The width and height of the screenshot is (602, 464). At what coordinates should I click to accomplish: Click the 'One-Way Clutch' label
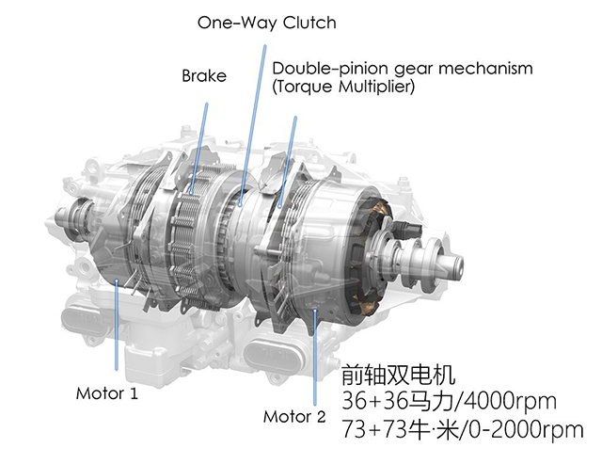[x=267, y=23]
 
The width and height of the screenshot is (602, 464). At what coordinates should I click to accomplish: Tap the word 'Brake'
[x=204, y=75]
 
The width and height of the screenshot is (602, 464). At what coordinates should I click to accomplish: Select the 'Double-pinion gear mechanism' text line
[x=403, y=69]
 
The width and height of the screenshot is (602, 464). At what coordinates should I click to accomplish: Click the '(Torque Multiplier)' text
[x=343, y=87]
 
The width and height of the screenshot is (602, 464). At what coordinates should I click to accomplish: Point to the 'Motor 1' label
[x=106, y=393]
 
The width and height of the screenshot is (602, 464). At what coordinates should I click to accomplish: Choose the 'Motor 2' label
[x=294, y=417]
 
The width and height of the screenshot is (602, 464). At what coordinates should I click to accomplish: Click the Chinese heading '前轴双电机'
[x=399, y=375]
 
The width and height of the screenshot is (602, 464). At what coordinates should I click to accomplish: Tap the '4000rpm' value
[x=510, y=401]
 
